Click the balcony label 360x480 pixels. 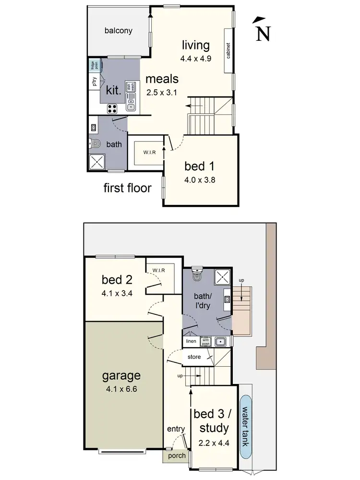pos(118,31)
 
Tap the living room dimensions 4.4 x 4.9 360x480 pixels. pos(196,58)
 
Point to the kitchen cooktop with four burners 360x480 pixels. pos(113,108)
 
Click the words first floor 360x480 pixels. pos(127,188)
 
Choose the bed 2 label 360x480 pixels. pos(114,279)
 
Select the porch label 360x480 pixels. pos(177,456)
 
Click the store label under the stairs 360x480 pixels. pos(194,357)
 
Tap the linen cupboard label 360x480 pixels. pos(191,341)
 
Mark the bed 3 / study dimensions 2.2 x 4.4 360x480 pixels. pos(215,443)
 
